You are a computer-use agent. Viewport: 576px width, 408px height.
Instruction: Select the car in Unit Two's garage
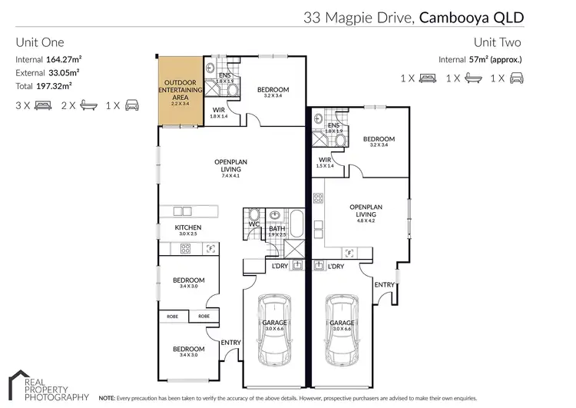pos(342,329)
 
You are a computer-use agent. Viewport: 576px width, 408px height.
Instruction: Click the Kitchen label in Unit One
pos(187,228)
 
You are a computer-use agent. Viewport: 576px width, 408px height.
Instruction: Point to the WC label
pos(254,224)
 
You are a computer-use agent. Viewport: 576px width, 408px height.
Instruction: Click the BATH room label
pos(276,229)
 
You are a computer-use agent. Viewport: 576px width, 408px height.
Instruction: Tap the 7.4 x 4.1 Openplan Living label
pos(228,165)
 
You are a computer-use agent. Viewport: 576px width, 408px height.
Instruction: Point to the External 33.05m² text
pos(48,71)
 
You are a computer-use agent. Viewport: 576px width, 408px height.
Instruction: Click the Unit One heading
pos(40,43)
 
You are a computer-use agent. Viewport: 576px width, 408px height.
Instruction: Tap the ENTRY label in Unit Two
pos(385,285)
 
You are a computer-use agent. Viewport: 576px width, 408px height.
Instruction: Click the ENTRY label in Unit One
pos(230,343)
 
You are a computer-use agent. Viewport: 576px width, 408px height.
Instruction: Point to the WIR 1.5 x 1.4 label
pos(325,161)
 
